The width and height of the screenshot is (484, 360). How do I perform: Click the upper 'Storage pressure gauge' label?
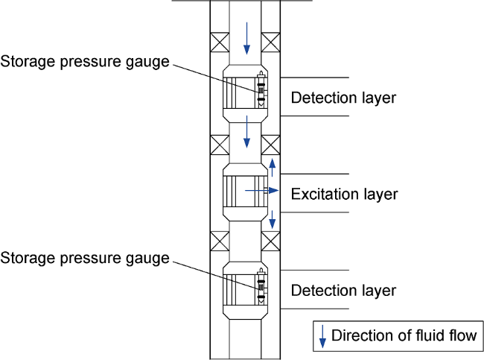86,61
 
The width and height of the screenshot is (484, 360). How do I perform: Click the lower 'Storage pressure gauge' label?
86,258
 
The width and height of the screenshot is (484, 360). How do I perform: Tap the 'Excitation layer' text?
344,195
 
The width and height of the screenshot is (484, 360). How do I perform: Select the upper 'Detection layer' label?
343,98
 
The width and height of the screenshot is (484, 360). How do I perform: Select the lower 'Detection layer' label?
343,290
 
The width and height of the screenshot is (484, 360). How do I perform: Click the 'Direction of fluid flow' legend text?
403,335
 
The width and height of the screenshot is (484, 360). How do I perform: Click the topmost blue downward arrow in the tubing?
247,37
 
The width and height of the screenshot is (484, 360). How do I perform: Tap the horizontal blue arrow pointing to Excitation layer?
261,192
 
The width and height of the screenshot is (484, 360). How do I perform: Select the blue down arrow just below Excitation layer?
273,219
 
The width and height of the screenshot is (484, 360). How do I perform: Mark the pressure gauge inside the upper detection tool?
261,89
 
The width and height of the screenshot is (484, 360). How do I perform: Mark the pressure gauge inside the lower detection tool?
261,285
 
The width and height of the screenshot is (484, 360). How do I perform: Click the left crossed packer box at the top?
220,42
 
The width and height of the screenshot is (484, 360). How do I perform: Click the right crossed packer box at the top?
272,42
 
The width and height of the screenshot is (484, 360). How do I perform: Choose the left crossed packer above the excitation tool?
220,144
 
